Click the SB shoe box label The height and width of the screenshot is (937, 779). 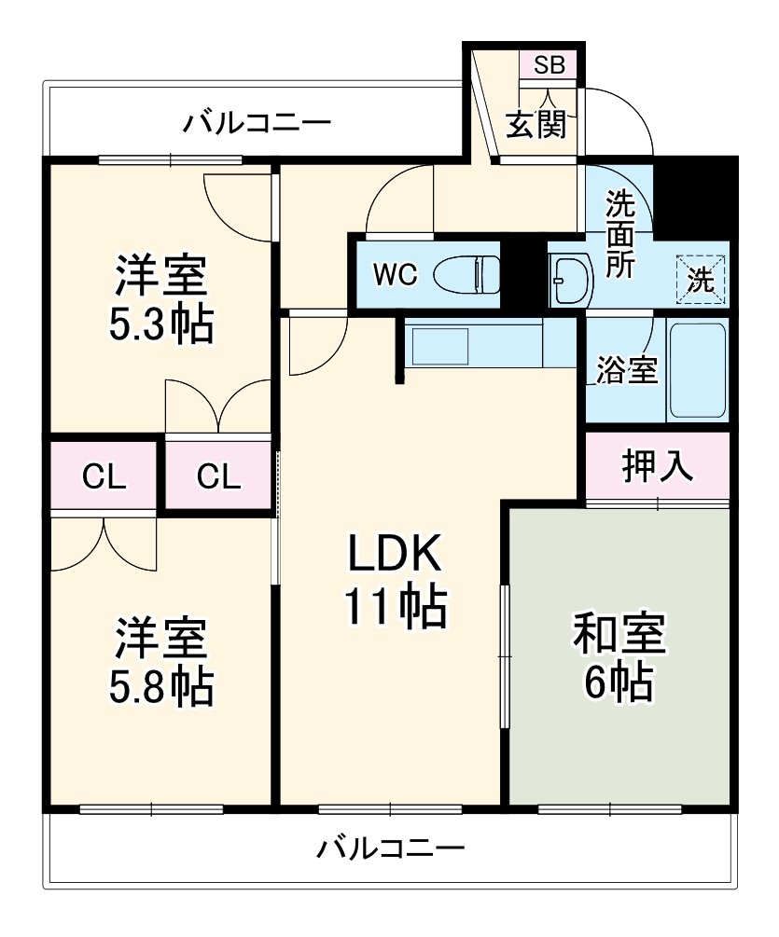pos(549,64)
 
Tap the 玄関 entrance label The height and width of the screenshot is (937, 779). pos(536,124)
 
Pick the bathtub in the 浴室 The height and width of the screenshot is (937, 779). pos(697,370)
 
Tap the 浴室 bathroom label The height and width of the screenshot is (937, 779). pos(627,370)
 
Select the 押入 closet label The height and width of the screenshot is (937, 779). pos(658,467)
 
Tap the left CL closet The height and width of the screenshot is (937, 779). pos(104,476)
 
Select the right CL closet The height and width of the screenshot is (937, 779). pos(219,476)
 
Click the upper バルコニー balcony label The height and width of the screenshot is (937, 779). pos(257,123)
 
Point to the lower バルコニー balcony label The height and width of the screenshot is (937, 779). pos(390,848)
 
